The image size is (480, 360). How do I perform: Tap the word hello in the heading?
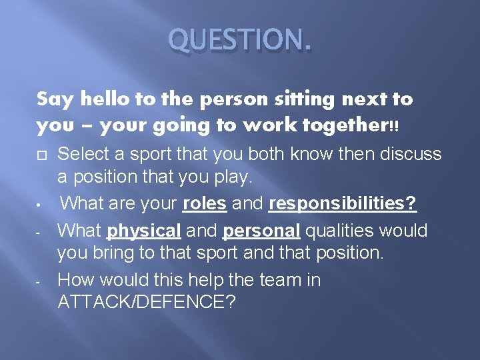97,100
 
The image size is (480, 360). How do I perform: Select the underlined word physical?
144,231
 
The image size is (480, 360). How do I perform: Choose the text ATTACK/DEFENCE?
147,303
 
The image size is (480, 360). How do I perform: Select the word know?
302,154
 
